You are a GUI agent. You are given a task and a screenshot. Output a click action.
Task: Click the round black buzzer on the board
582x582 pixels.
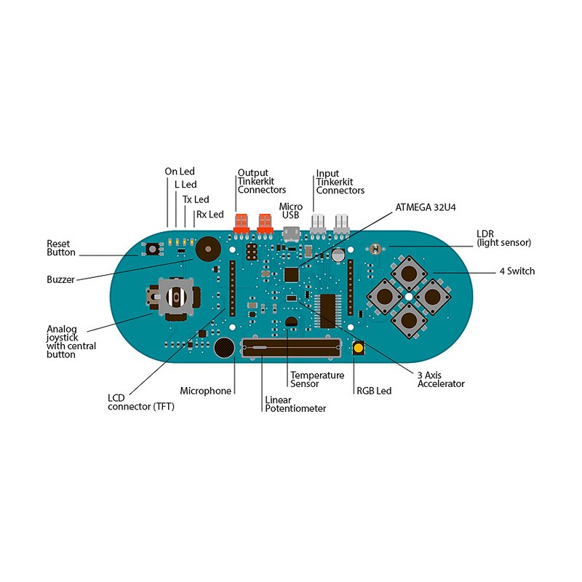(207, 249)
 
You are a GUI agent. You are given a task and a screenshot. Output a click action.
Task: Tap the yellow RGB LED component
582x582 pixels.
(359, 348)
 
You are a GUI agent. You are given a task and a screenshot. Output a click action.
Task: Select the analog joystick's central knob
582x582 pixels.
(176, 298)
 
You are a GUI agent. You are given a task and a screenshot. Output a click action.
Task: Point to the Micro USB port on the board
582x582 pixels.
(292, 234)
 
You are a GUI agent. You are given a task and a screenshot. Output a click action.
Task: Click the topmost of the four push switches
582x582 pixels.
(409, 273)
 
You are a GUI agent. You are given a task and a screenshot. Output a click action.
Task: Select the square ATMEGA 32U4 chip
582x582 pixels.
(292, 274)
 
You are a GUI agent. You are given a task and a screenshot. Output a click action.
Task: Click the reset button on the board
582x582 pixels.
(154, 250)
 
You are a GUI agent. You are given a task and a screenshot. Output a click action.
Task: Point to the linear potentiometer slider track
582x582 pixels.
(291, 349)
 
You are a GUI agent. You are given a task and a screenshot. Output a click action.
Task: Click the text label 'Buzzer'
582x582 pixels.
(60, 279)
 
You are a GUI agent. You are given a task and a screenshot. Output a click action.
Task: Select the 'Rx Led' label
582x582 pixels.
(210, 215)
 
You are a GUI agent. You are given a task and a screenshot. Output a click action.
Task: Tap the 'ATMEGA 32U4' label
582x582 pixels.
(431, 206)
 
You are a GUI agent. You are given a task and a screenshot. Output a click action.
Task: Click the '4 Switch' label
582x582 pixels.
(517, 271)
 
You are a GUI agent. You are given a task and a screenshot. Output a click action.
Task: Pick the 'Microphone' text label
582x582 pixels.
(206, 391)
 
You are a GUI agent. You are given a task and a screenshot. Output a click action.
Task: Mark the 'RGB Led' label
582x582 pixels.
(374, 391)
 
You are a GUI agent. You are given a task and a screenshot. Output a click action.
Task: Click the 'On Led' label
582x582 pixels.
(180, 171)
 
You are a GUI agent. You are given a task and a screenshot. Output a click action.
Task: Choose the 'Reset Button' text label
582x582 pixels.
(61, 248)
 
